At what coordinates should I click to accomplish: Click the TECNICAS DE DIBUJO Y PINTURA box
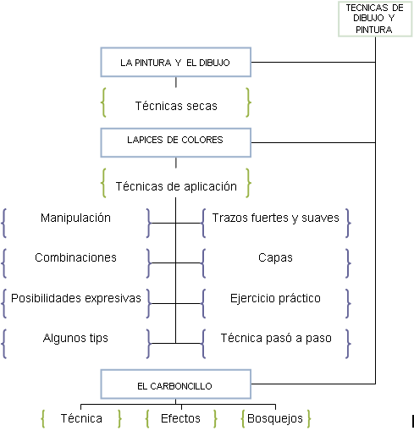click(375, 19)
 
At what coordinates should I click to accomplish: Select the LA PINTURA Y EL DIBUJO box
click(176, 62)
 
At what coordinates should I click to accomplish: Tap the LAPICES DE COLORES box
click(176, 142)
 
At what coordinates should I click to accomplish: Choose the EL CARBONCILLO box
click(176, 384)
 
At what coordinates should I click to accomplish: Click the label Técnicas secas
click(176, 106)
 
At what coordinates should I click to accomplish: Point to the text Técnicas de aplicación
click(176, 187)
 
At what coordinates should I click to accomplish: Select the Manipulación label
click(75, 218)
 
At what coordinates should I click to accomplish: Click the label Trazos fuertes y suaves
click(275, 218)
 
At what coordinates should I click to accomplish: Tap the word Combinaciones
click(75, 257)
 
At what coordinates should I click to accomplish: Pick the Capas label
click(275, 258)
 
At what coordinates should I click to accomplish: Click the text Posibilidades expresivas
click(76, 298)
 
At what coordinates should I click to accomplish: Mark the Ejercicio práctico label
click(275, 298)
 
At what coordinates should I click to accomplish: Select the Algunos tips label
click(75, 338)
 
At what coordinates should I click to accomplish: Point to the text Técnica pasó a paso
click(276, 338)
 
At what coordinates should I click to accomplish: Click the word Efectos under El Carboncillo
click(180, 418)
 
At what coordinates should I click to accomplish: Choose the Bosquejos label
click(275, 419)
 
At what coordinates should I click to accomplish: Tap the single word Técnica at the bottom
click(81, 418)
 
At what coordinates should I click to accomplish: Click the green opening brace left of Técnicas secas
click(103, 102)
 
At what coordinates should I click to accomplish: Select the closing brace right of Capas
click(348, 263)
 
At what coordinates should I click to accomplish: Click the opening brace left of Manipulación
click(4, 223)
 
